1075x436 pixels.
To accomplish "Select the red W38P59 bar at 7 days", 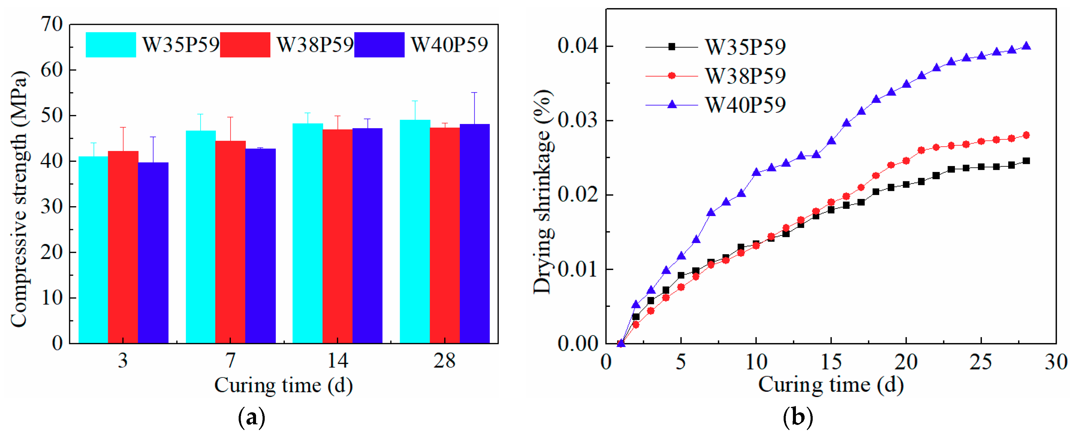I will pyautogui.click(x=230, y=242).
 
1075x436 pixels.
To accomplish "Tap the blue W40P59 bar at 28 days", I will pyautogui.click(x=475, y=234).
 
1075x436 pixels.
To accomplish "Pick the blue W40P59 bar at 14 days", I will pyautogui.click(x=367, y=236).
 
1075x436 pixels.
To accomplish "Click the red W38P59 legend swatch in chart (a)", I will pyautogui.click(x=245, y=45).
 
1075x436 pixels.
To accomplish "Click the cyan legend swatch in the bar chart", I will pyautogui.click(x=110, y=45).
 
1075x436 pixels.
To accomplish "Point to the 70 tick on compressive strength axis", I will pyautogui.click(x=52, y=24).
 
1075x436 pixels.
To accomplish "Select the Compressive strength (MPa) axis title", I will pyautogui.click(x=19, y=200).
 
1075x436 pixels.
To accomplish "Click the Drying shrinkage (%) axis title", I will pyautogui.click(x=543, y=192).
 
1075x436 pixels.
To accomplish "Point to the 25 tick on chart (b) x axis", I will pyautogui.click(x=981, y=362).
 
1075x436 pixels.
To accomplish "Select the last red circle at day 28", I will pyautogui.click(x=1026, y=135).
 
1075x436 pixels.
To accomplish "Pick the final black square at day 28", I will pyautogui.click(x=1026, y=161).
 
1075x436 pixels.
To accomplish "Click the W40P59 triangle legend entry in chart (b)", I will pyautogui.click(x=672, y=104).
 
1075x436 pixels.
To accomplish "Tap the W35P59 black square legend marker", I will pyautogui.click(x=672, y=47).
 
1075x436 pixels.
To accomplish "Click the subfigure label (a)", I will pyautogui.click(x=251, y=417).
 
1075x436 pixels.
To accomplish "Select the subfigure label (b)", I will pyautogui.click(x=798, y=417).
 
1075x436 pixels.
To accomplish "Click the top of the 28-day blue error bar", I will pyautogui.click(x=475, y=93).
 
